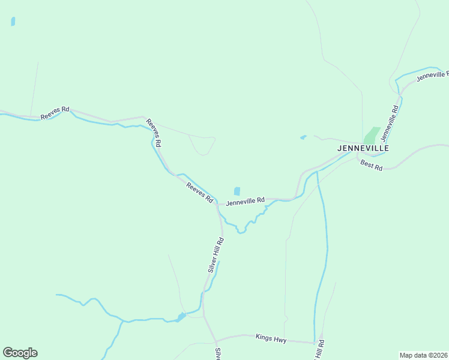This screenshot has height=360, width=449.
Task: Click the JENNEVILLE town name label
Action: (x=363, y=148)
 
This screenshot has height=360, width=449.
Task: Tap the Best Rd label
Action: (x=371, y=164)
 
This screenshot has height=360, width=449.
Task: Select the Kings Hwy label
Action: (x=271, y=339)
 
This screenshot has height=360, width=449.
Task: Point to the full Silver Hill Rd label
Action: (x=216, y=255)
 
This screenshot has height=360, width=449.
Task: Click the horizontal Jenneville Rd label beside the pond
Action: (x=246, y=201)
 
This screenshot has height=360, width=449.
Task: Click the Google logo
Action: (x=20, y=353)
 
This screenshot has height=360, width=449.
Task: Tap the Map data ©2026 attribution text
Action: (x=424, y=355)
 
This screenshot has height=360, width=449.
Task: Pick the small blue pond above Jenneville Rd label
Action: (x=237, y=191)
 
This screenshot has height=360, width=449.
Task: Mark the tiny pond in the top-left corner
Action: (x=13, y=22)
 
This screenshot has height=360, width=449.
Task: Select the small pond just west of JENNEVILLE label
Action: (x=303, y=137)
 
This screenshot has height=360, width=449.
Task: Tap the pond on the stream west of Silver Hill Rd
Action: (x=181, y=316)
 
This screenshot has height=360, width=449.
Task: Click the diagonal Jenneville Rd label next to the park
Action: (x=390, y=123)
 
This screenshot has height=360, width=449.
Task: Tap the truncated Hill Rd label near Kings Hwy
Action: (x=320, y=350)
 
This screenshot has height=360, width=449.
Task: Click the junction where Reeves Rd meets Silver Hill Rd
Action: (x=217, y=204)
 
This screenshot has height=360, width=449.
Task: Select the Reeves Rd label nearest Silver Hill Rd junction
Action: (x=200, y=191)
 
